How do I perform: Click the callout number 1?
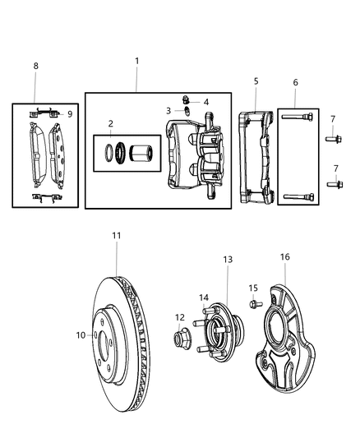pos(136,61)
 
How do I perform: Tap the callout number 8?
pos(35,65)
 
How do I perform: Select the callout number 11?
pos(117,236)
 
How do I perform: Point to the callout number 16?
pos(285,257)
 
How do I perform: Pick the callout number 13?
pos(228,260)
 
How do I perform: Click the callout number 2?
pos(110,124)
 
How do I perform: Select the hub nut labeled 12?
pos(180,337)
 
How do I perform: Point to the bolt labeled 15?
pos(252,304)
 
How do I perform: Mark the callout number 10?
pos(81,334)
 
